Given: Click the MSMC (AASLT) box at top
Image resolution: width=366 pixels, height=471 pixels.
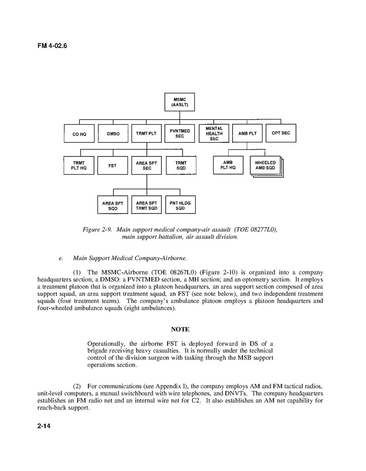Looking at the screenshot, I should click(179, 102).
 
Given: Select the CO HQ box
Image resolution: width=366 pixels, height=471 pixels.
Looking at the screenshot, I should click(79, 134).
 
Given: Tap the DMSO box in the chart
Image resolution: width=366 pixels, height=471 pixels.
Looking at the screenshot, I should click(113, 134).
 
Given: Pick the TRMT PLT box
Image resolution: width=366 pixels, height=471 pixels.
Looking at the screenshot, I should click(146, 134).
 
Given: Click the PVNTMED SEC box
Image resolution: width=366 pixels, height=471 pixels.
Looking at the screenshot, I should click(179, 134).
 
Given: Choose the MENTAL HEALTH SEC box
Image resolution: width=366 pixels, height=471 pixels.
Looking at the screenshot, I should click(214, 134).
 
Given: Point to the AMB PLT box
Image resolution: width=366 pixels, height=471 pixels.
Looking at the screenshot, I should click(247, 134).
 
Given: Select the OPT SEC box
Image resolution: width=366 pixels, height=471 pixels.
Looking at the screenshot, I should click(281, 133).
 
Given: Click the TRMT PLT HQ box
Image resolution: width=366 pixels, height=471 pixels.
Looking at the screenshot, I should click(79, 166).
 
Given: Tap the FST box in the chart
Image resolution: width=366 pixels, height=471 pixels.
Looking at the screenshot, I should click(113, 166).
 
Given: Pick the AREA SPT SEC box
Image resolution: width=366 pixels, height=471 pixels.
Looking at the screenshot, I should click(146, 166).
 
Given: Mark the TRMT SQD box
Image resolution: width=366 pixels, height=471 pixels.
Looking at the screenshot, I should click(181, 166).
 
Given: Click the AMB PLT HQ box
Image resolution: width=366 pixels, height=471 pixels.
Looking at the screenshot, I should click(228, 165).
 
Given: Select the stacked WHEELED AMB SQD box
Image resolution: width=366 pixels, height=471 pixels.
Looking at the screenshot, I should click(265, 165).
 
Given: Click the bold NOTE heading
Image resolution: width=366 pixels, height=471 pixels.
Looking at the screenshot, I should click(180, 329).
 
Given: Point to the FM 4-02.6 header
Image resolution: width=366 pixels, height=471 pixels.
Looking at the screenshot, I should click(52, 46).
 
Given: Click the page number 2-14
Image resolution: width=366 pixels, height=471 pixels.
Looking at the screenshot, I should click(44, 426).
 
